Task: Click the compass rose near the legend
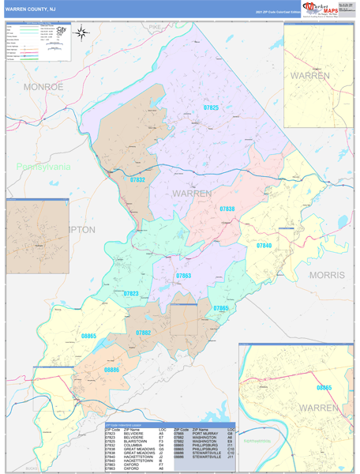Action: click(81, 33)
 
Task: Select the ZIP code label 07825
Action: click(212, 107)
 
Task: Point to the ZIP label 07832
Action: click(137, 180)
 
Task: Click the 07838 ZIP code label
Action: click(227, 209)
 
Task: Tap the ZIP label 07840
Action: click(264, 246)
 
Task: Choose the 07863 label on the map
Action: click(183, 276)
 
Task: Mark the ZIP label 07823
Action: click(130, 293)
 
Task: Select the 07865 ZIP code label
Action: click(220, 308)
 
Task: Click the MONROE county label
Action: click(43, 86)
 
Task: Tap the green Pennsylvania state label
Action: click(43, 167)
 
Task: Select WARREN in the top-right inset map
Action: click(309, 75)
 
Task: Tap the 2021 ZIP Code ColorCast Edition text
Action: click(277, 13)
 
